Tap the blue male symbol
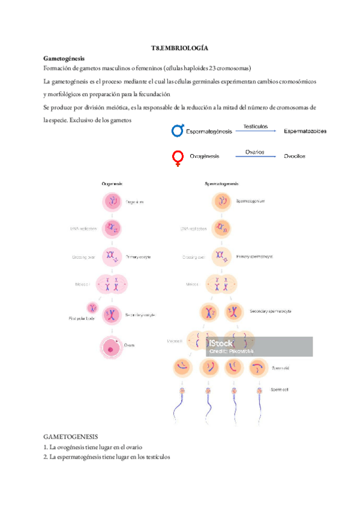point(178,130)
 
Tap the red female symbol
point(178,158)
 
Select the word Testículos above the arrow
point(255,127)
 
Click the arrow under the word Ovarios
point(256,157)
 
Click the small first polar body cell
point(93,307)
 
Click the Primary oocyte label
point(137,256)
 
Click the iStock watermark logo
point(221,344)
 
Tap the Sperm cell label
point(280,390)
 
